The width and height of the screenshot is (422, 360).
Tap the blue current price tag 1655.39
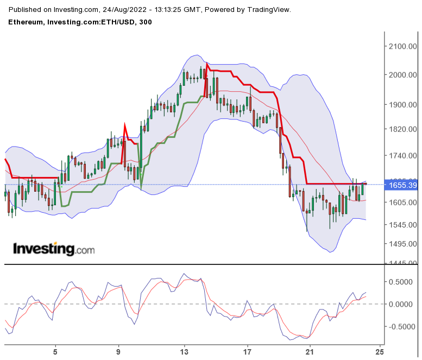coord(402,186)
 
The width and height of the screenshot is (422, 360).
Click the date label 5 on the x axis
coord(55,351)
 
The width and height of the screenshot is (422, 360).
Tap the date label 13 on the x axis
coord(185,351)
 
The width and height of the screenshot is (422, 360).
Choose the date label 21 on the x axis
coord(310,351)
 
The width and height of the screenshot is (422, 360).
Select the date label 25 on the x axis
coord(380,351)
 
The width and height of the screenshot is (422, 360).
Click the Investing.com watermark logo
coord(54,249)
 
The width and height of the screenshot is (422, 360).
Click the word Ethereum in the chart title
coord(26,22)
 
